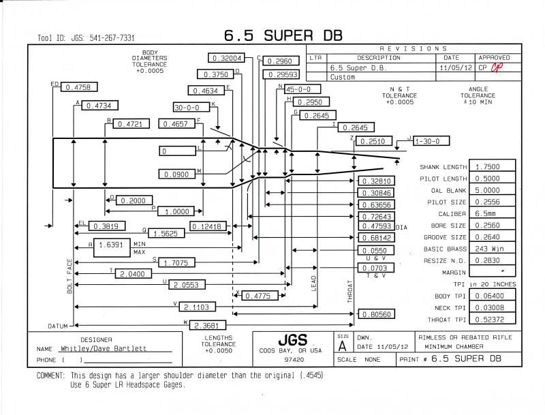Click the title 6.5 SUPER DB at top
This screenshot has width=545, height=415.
283,35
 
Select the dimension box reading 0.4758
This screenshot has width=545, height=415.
78,87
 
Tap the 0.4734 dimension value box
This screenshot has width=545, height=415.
99,106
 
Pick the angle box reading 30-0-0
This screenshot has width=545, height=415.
191,107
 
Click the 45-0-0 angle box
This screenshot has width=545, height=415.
302,89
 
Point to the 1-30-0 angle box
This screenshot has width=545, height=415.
431,141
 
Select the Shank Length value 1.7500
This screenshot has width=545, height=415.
492,166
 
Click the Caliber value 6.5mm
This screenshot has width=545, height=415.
492,213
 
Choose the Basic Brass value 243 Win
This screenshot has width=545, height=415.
492,249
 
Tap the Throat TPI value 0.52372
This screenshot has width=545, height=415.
492,319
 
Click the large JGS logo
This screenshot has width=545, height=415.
293,339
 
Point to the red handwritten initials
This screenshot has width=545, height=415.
497,67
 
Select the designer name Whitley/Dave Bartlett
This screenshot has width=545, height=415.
104,348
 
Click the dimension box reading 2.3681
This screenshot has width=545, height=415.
208,325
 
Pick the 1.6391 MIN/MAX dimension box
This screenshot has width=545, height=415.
112,247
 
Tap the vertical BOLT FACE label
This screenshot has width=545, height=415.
69,276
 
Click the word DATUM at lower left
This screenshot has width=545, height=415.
58,326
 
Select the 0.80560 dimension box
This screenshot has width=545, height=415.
377,314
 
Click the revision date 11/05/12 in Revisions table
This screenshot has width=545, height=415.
456,67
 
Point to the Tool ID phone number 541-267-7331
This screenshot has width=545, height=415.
112,38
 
